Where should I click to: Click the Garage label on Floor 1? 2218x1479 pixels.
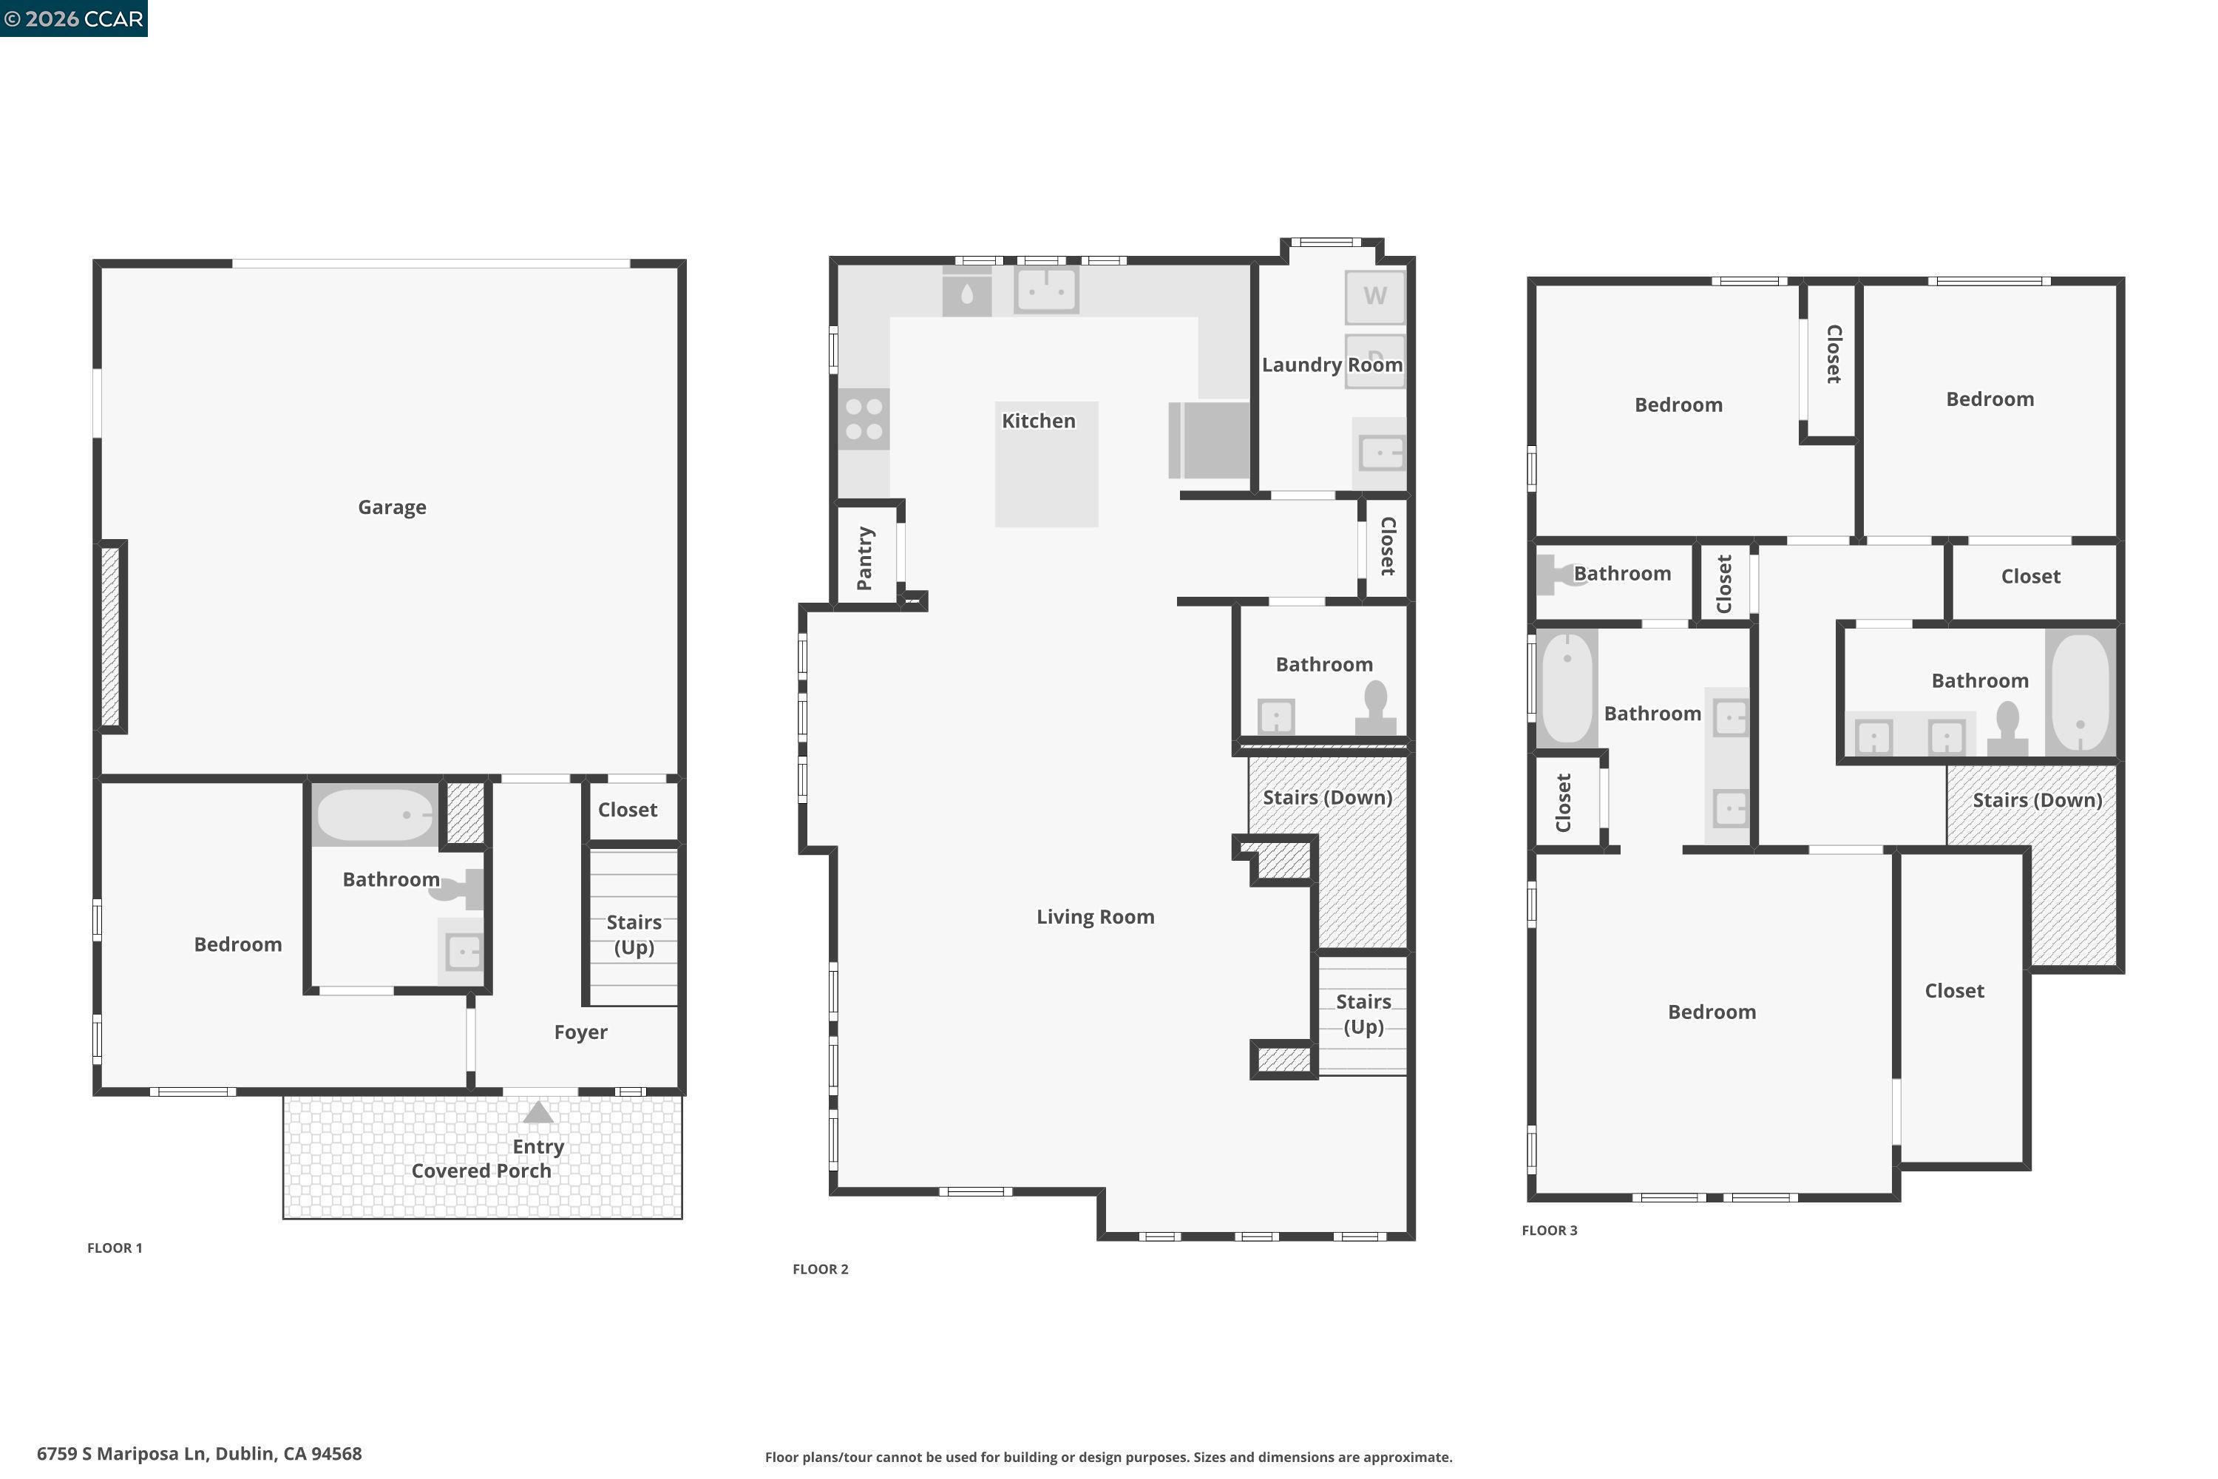(393, 507)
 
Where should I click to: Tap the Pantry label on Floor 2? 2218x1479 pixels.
(865, 558)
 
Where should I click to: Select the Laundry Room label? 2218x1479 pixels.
(1332, 365)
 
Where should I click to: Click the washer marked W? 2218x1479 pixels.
(1375, 297)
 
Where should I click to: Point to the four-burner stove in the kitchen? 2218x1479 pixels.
(864, 419)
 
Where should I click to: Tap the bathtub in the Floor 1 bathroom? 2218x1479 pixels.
(374, 815)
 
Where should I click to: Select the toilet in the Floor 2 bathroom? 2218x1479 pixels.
(1376, 708)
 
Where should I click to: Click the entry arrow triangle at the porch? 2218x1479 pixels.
(538, 1112)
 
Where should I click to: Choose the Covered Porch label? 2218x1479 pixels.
(481, 1171)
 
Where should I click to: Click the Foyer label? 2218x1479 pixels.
(581, 1032)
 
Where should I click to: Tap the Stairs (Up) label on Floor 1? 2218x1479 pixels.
(634, 935)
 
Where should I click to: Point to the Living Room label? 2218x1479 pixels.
(1095, 917)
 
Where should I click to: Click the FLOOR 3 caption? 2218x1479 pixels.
(1550, 1230)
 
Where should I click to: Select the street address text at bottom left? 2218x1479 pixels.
(199, 1454)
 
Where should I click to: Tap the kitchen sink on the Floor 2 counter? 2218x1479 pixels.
(1047, 290)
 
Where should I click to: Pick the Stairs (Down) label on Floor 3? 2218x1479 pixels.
(2037, 801)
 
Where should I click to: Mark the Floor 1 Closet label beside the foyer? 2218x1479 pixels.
(627, 809)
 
